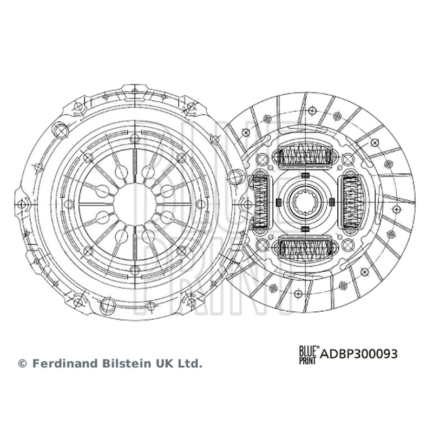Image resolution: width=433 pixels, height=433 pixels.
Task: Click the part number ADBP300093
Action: pyautogui.click(x=359, y=354)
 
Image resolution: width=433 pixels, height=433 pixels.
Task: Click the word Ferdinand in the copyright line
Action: pyautogui.click(x=65, y=363)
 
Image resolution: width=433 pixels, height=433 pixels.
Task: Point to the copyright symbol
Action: pyautogui.click(x=22, y=364)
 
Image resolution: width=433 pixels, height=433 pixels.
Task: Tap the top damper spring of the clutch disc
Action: pyautogui.click(x=305, y=157)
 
